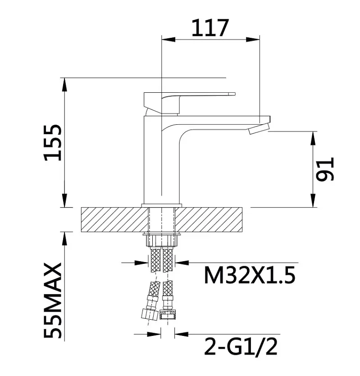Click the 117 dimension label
click(210, 28)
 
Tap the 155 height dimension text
click(53, 142)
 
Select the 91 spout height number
click(325, 169)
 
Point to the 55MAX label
click(53, 301)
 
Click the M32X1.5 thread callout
click(250, 276)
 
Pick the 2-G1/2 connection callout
click(241, 346)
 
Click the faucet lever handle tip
click(232, 94)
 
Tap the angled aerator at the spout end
click(259, 129)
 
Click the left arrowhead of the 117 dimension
click(169, 39)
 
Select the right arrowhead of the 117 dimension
click(253, 39)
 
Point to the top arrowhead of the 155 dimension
click(64, 85)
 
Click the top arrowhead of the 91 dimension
click(313, 138)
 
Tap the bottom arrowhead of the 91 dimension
click(313, 200)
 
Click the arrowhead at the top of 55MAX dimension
click(64, 239)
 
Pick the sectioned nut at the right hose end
click(168, 314)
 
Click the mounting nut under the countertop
click(161, 240)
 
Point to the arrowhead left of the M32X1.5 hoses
click(141, 263)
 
